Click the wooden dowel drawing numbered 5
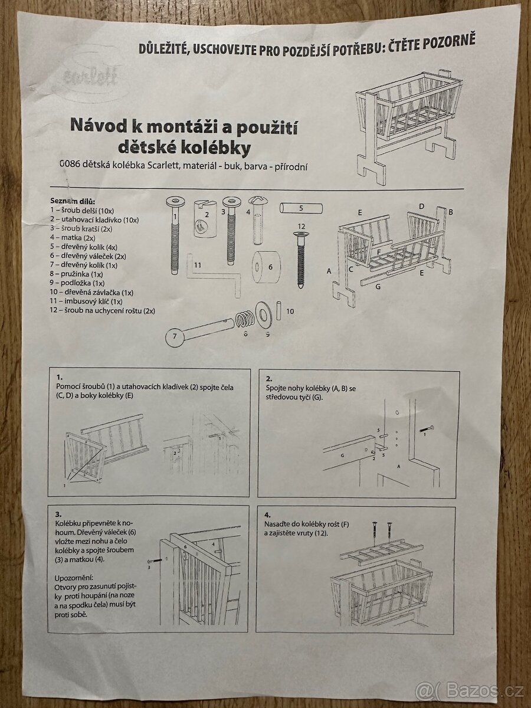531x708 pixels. point(301,208)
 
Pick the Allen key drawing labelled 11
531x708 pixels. point(214,276)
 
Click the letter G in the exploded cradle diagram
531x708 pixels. point(378,286)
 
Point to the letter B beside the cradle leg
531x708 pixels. point(451,212)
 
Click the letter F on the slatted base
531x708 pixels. point(379,251)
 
